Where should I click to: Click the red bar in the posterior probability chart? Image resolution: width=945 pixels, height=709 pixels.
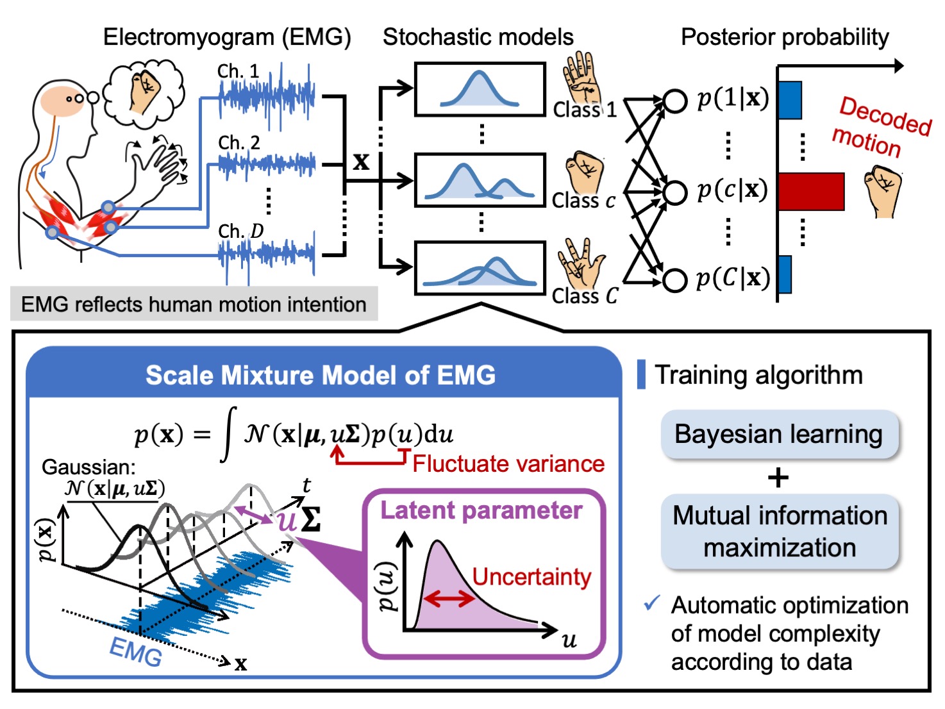click(x=810, y=191)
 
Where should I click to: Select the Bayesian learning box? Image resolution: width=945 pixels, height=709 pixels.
click(x=779, y=435)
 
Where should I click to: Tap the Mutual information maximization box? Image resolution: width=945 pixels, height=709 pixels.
click(x=780, y=531)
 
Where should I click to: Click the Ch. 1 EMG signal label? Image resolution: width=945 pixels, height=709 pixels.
click(x=238, y=71)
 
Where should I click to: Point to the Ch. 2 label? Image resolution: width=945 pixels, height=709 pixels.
click(x=238, y=142)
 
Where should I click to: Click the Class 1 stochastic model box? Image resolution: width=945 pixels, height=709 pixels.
click(x=480, y=89)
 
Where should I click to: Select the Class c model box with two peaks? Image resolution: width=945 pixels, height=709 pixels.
click(x=480, y=180)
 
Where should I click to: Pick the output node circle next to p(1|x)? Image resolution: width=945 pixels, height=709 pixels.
click(x=674, y=100)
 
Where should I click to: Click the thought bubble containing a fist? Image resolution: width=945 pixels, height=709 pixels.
click(x=144, y=92)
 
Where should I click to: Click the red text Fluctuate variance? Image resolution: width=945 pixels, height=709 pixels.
click(x=508, y=463)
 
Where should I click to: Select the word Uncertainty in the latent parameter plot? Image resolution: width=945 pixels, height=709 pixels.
click(x=531, y=577)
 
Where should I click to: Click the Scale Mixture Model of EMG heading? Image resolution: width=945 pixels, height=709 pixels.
click(x=321, y=375)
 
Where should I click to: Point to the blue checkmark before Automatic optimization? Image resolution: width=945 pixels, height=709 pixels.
click(x=651, y=603)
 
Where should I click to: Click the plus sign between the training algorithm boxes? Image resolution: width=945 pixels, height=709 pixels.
click(x=778, y=478)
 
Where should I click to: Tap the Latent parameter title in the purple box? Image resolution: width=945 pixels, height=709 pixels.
click(x=481, y=510)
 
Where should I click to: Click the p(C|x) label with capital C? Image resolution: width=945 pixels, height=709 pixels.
click(x=732, y=278)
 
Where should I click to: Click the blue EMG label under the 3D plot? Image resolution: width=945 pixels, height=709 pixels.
click(x=135, y=652)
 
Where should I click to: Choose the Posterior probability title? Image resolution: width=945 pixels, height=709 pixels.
click(x=784, y=37)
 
